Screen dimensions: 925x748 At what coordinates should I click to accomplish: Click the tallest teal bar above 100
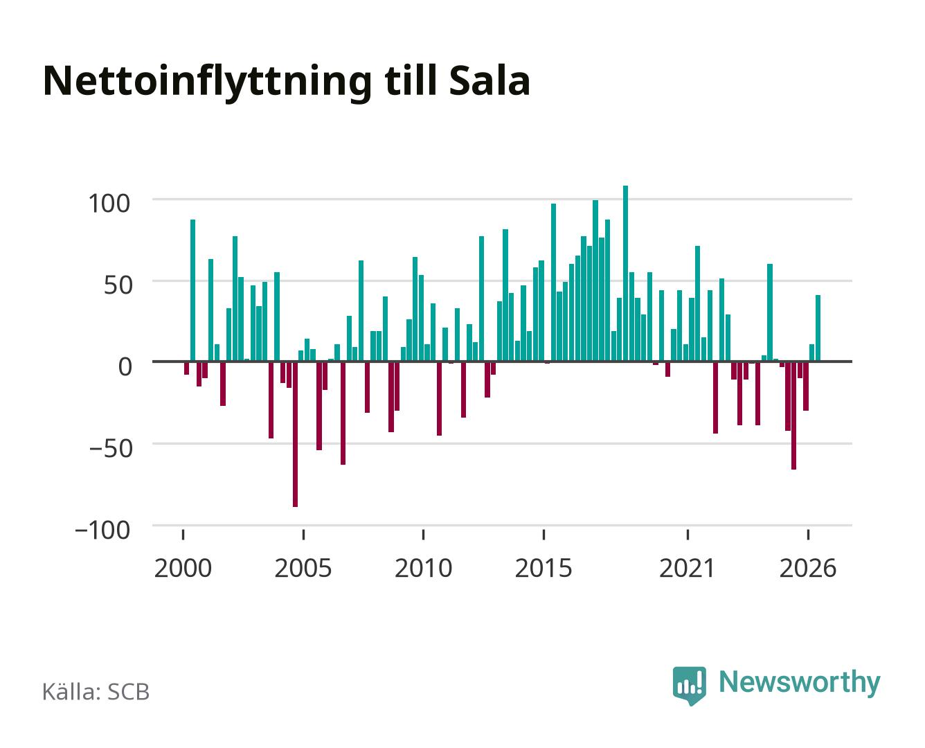coord(625,273)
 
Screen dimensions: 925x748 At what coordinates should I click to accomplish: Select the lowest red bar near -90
coord(296,434)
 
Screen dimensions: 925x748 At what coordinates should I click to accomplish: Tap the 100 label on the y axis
coord(109,204)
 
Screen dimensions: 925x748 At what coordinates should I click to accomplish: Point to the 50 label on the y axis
coord(117,285)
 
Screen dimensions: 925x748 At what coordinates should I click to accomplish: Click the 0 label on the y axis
coord(125,366)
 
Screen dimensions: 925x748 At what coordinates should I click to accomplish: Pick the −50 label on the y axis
coord(110,448)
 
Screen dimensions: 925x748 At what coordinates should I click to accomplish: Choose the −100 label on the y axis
coord(102,530)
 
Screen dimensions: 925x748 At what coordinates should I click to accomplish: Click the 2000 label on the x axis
coord(183,568)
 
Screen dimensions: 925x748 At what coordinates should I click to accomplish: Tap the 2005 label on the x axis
coord(303,568)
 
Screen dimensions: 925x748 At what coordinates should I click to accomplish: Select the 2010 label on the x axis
coord(424,568)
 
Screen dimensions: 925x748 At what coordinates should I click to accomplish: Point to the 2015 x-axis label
coord(544,568)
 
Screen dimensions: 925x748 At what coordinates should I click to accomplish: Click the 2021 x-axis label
coord(687,568)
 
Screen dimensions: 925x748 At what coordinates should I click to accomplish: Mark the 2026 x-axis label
coord(808,568)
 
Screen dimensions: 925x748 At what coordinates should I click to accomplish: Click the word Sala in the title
coord(490,81)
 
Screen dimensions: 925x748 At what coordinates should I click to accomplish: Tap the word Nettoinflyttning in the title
coord(207,82)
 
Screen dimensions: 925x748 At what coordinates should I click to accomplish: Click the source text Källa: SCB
coord(96,691)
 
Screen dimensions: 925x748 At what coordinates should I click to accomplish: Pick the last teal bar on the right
coord(818,328)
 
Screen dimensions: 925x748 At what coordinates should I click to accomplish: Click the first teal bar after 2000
coord(192,290)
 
